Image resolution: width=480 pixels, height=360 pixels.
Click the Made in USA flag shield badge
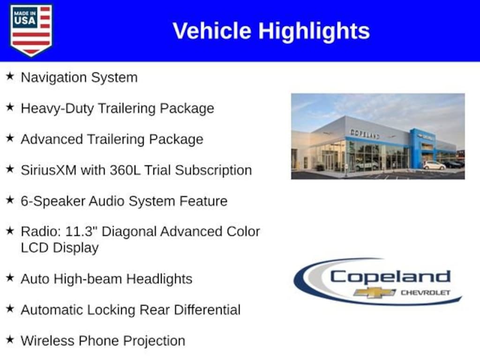pyautogui.click(x=31, y=30)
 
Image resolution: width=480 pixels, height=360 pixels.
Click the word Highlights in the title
pyautogui.click(x=314, y=31)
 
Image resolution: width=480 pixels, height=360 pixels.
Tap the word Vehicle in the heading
pyautogui.click(x=212, y=31)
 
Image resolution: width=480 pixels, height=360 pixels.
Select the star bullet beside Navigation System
pyautogui.click(x=10, y=76)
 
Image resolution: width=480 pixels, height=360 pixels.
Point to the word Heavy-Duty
pyautogui.click(x=57, y=109)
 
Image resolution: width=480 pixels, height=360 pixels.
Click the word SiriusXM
pyautogui.click(x=48, y=170)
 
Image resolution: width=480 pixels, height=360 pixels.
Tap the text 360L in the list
pyautogui.click(x=125, y=170)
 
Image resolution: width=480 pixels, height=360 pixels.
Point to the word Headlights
pyautogui.click(x=159, y=279)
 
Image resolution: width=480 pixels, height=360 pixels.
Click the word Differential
pyautogui.click(x=207, y=310)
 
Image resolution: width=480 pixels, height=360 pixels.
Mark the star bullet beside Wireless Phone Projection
pyautogui.click(x=10, y=339)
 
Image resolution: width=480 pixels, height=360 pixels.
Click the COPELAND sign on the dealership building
pyautogui.click(x=365, y=134)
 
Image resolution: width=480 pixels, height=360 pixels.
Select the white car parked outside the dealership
pyautogui.click(x=435, y=165)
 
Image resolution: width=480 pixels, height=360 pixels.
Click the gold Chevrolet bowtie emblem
pyautogui.click(x=375, y=292)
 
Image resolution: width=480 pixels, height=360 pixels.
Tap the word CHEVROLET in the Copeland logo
pyautogui.click(x=426, y=292)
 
